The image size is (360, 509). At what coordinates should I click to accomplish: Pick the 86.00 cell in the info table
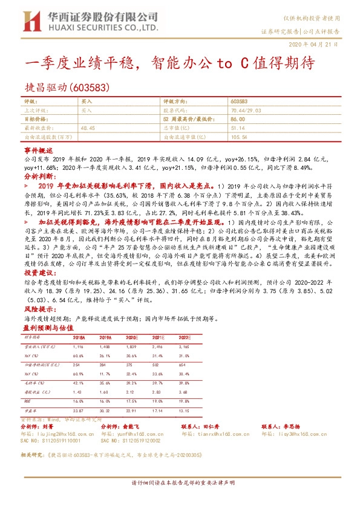point(238,120)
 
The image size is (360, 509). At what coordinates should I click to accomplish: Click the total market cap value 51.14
point(238,129)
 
